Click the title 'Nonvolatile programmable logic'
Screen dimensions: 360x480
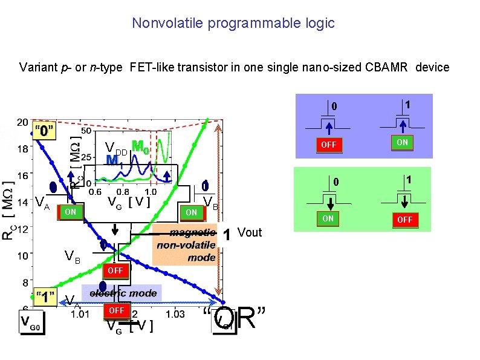tap(233, 24)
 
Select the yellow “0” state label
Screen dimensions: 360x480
tap(45, 130)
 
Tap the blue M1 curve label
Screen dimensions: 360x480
tap(113, 161)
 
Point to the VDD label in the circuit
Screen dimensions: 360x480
tap(115, 148)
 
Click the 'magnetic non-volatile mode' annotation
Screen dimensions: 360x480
tap(186, 245)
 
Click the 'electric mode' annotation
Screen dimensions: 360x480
tap(123, 293)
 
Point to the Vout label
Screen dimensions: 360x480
tap(250, 233)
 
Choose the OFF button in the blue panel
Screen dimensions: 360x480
tap(329, 145)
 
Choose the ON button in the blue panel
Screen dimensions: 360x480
tap(401, 142)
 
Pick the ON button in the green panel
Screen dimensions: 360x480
tap(327, 218)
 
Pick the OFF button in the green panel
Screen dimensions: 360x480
tap(404, 220)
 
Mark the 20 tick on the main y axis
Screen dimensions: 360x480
tap(21, 122)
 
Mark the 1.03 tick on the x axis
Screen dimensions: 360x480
tap(175, 314)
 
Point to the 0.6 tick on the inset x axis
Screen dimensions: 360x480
tap(95, 191)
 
